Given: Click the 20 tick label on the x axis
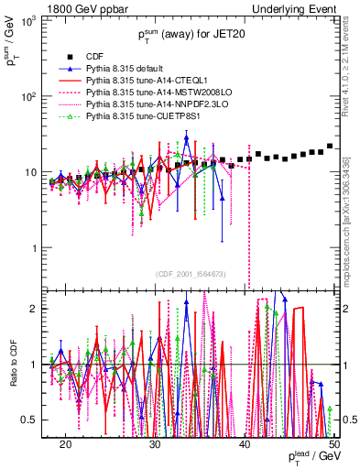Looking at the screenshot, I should (x=66, y=444).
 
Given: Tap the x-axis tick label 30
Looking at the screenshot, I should (x=156, y=444).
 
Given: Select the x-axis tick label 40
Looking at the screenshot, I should (x=245, y=444).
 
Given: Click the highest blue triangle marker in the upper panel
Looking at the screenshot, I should (x=186, y=138).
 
